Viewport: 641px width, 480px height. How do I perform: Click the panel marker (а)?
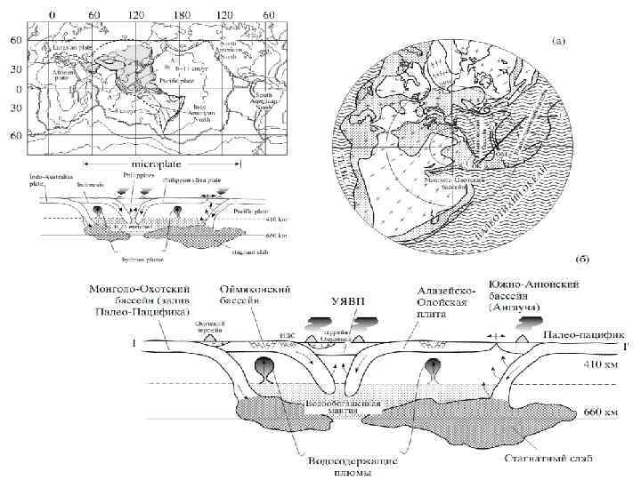point(563,40)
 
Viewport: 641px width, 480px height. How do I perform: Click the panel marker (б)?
point(580,260)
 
